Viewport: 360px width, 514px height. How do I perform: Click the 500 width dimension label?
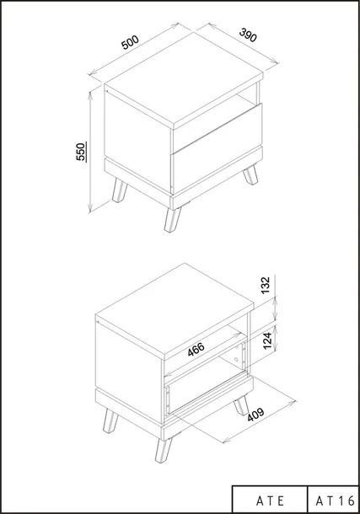(x=131, y=42)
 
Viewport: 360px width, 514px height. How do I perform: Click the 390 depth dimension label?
(x=248, y=35)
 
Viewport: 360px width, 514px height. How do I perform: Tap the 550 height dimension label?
(x=82, y=152)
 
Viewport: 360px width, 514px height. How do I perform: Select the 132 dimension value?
(x=266, y=285)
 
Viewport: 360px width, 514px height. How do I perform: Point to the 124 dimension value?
(x=267, y=340)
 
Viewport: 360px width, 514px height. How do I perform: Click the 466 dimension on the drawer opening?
(x=196, y=349)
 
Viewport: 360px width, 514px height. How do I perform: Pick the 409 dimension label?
(x=255, y=415)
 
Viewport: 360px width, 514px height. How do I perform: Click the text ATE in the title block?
(x=270, y=501)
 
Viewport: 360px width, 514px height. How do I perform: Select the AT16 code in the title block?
(x=335, y=501)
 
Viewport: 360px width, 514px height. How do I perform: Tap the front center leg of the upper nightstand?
(x=173, y=219)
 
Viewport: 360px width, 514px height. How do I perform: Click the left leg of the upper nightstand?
(x=120, y=190)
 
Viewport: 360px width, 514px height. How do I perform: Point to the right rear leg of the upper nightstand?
(x=250, y=174)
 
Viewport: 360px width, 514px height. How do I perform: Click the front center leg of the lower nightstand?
(x=164, y=449)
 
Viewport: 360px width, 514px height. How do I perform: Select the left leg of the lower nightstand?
(x=110, y=421)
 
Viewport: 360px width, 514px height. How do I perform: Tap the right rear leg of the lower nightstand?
(x=241, y=405)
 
